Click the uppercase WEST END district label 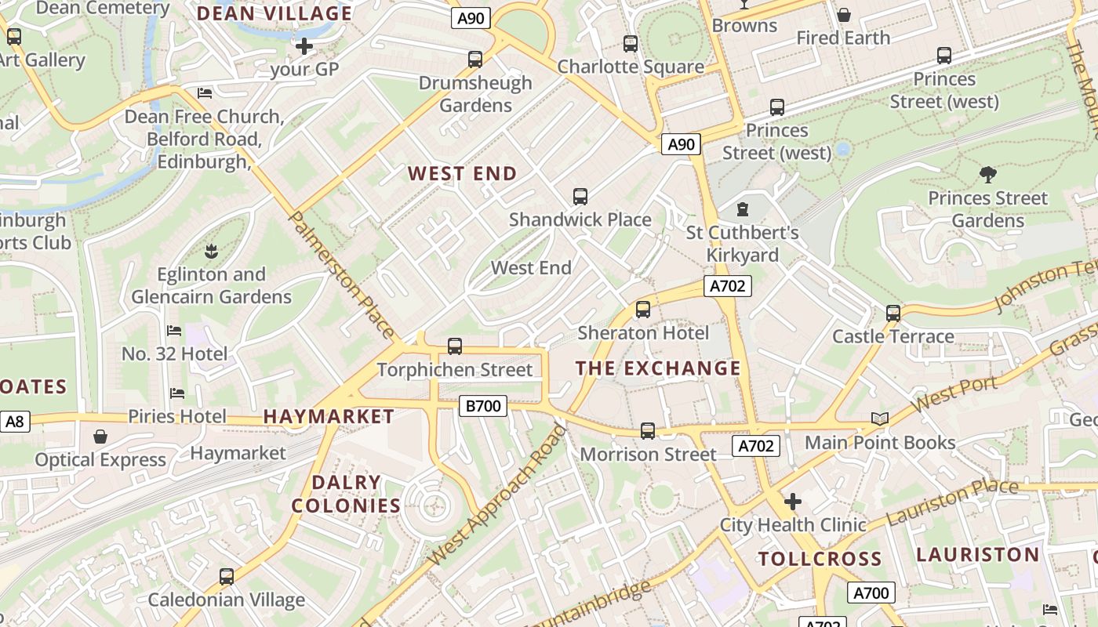[462, 174]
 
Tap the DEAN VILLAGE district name [274, 13]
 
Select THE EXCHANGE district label [658, 368]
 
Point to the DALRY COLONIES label [346, 494]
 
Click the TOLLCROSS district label [820, 559]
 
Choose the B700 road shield [482, 406]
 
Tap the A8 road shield [15, 422]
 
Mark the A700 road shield [871, 593]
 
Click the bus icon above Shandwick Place [580, 197]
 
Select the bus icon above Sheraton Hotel [643, 310]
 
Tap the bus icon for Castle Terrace [893, 313]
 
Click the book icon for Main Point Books [880, 419]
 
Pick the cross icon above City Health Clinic [793, 501]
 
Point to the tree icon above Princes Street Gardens [987, 175]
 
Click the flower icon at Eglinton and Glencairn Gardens [210, 252]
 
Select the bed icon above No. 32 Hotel [174, 331]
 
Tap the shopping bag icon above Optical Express [100, 437]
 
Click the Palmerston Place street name [343, 274]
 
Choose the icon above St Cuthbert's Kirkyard [742, 209]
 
